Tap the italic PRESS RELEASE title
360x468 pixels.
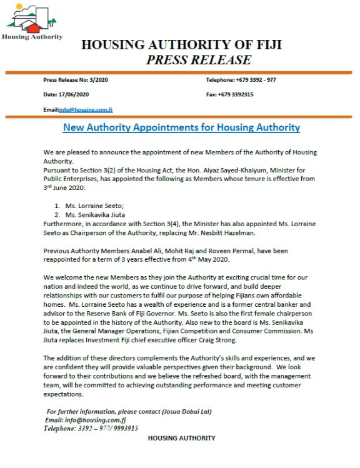[x=198, y=61]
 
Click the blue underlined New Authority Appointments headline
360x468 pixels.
[x=182, y=128]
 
